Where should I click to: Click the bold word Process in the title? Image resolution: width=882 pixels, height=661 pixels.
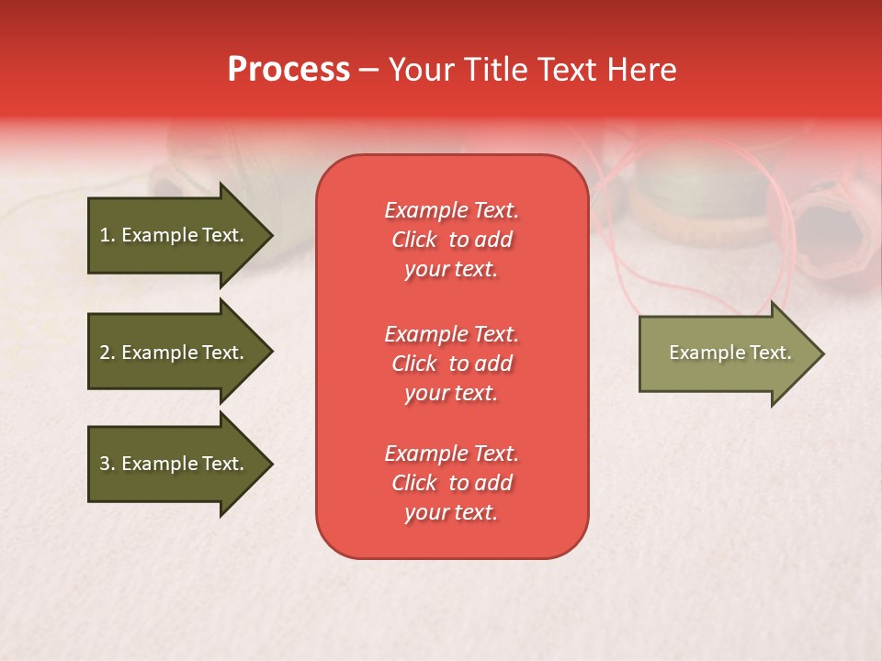pyautogui.click(x=288, y=70)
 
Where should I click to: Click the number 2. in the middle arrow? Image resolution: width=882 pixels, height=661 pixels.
pyautogui.click(x=107, y=353)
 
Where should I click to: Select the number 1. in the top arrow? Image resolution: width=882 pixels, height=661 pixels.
pyautogui.click(x=107, y=235)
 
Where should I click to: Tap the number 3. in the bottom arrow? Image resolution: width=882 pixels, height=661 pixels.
pyautogui.click(x=107, y=464)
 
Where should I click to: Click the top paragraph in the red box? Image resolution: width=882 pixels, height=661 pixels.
pyautogui.click(x=451, y=240)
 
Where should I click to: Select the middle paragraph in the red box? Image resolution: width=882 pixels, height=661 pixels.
pyautogui.click(x=451, y=364)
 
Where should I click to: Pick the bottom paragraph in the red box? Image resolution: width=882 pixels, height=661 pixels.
pyautogui.click(x=451, y=483)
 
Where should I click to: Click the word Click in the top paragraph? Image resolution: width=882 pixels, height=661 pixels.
pyautogui.click(x=414, y=240)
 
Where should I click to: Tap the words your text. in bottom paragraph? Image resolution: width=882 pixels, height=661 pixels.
pyautogui.click(x=451, y=512)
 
